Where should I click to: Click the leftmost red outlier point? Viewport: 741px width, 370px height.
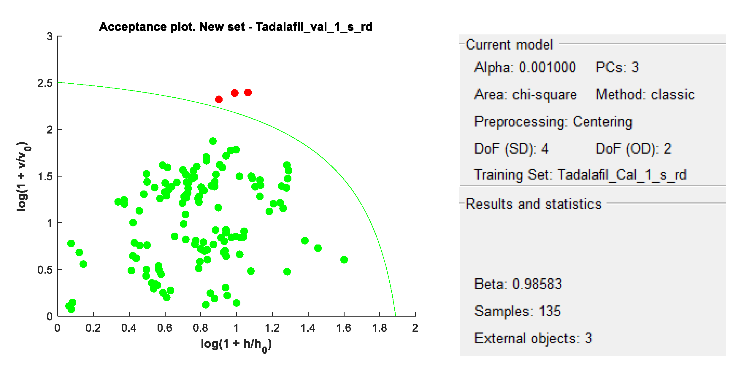[219, 99]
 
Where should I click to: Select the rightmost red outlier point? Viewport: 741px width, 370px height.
[248, 93]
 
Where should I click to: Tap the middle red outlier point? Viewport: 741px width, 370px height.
[234, 93]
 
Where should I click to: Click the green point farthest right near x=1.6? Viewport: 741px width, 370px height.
[344, 260]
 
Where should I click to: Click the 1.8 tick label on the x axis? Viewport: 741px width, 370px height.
[380, 328]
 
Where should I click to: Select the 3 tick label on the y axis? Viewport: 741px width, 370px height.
[50, 36]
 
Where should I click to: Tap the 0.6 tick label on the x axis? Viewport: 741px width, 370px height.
[165, 328]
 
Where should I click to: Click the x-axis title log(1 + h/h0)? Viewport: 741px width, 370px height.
[236, 344]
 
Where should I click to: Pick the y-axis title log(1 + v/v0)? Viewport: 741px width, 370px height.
[23, 176]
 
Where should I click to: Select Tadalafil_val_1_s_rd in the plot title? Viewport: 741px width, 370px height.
[314, 27]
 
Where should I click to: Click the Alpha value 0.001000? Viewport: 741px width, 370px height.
[547, 67]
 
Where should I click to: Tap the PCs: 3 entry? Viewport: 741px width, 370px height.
[617, 67]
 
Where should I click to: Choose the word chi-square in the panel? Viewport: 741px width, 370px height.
[544, 95]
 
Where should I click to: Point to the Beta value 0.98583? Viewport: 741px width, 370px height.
[537, 284]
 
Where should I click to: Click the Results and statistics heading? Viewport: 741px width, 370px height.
[533, 204]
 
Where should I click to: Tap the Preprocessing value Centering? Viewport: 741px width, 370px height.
[602, 122]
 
